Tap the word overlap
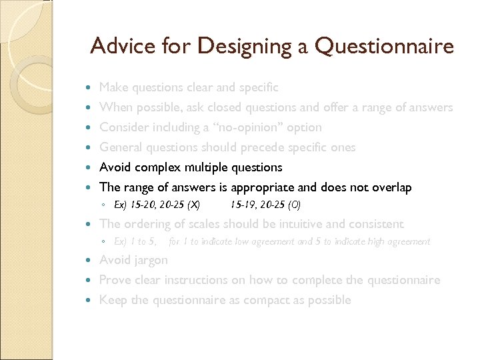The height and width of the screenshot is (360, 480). pos(390,187)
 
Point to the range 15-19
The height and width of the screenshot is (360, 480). pos(241,204)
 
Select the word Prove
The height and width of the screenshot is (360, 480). pos(114,280)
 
